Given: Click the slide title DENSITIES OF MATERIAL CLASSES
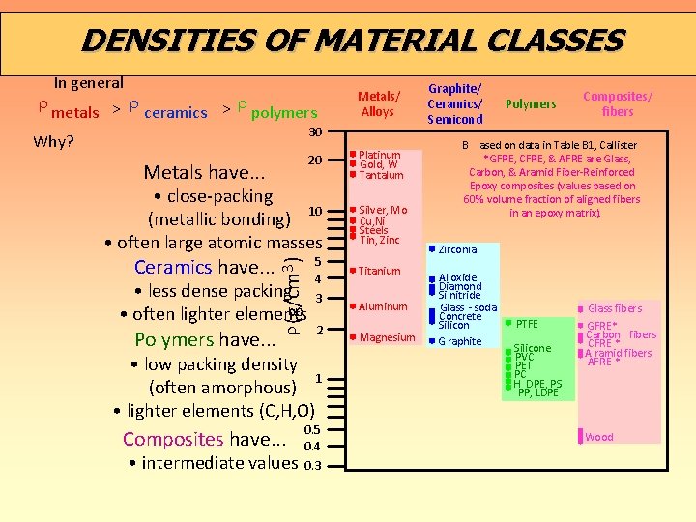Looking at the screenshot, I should click(x=353, y=41).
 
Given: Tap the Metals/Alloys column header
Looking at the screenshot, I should click(x=378, y=103).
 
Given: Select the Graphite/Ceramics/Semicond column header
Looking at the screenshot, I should click(x=454, y=103).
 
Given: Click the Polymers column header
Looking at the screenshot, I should click(x=531, y=104).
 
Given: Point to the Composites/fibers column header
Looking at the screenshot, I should click(x=617, y=103).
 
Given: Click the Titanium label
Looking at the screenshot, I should click(x=379, y=272).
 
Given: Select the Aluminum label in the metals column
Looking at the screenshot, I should click(x=383, y=307).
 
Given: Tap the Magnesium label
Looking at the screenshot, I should click(x=387, y=338).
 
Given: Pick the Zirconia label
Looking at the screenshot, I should click(x=457, y=250).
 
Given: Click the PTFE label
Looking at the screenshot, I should click(x=527, y=323).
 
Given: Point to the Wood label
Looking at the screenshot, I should click(x=599, y=437).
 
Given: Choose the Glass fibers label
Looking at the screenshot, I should click(x=614, y=308).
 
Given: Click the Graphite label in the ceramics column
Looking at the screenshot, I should click(x=460, y=341).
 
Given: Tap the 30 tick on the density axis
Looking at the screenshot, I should click(x=314, y=131).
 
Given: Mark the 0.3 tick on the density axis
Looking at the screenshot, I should click(x=312, y=465).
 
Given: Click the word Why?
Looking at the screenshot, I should click(x=53, y=141).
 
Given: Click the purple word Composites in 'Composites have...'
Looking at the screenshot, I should click(x=173, y=439).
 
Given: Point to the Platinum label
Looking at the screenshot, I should click(x=380, y=155).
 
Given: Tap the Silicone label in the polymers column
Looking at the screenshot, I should click(x=533, y=348).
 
